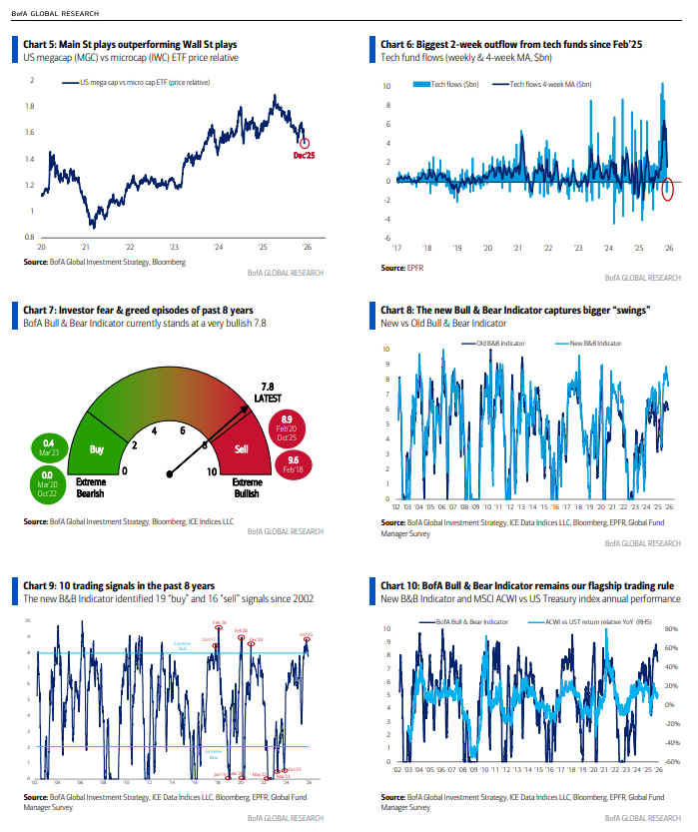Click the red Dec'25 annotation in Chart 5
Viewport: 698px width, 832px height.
(x=305, y=156)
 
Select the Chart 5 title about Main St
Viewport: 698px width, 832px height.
(x=130, y=44)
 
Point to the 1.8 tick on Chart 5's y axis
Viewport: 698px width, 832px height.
(x=32, y=106)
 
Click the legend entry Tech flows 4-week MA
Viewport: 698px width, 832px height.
(x=546, y=86)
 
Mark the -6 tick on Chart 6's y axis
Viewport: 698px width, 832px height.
(x=386, y=238)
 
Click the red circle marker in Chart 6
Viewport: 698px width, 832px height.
(x=668, y=188)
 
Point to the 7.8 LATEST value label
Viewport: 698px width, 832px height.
(x=267, y=391)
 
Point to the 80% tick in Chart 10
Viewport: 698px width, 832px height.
(x=670, y=629)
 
